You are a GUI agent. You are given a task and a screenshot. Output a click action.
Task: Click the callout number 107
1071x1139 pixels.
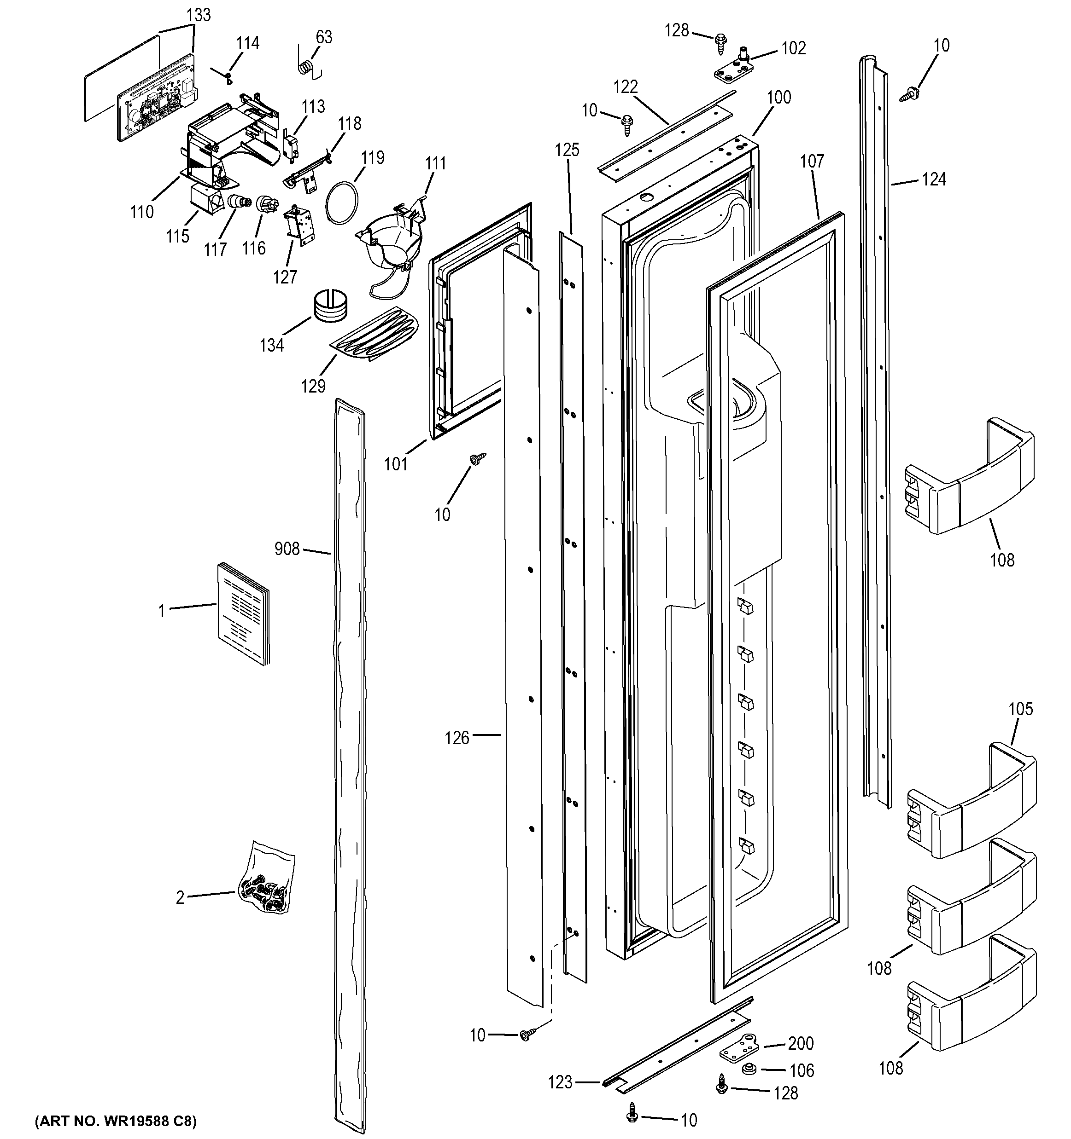[x=812, y=162]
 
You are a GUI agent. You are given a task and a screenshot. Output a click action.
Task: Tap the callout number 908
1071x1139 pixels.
[x=287, y=549]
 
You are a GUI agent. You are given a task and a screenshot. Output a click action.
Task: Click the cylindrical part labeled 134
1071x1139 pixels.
[x=330, y=306]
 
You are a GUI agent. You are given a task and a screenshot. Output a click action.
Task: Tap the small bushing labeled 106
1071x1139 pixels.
[x=747, y=1069]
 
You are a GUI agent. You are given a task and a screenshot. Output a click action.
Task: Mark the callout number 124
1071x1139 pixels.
[x=933, y=179]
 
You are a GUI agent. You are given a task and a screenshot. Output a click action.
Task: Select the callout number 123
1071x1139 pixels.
[x=560, y=1082]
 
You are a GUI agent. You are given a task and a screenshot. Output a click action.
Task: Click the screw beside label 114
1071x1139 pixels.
[x=228, y=75]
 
